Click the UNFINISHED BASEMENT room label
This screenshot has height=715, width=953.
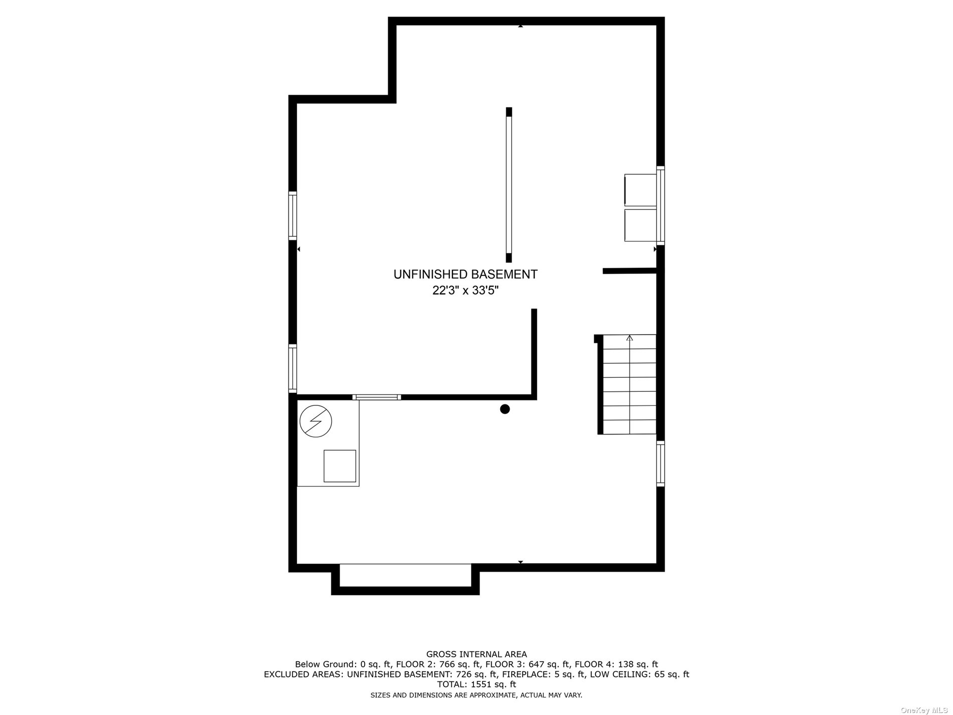465,274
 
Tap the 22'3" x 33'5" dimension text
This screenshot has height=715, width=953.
465,291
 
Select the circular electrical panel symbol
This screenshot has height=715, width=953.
315,421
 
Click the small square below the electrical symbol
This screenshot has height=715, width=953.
340,466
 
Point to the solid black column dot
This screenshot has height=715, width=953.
505,409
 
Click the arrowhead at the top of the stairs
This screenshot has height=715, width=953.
630,338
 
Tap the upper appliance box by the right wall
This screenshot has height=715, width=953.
641,190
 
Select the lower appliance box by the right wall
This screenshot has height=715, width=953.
641,225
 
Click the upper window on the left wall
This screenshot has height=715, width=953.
292,215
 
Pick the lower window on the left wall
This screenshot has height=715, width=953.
292,368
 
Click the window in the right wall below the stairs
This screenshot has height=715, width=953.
661,464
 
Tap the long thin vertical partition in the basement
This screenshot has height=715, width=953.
509,185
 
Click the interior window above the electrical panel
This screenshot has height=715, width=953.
377,397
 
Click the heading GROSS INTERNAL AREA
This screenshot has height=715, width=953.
476,654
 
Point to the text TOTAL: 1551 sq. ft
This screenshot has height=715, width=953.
476,684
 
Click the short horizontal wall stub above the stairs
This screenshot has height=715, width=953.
629,271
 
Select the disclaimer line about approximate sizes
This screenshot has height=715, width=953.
476,695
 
